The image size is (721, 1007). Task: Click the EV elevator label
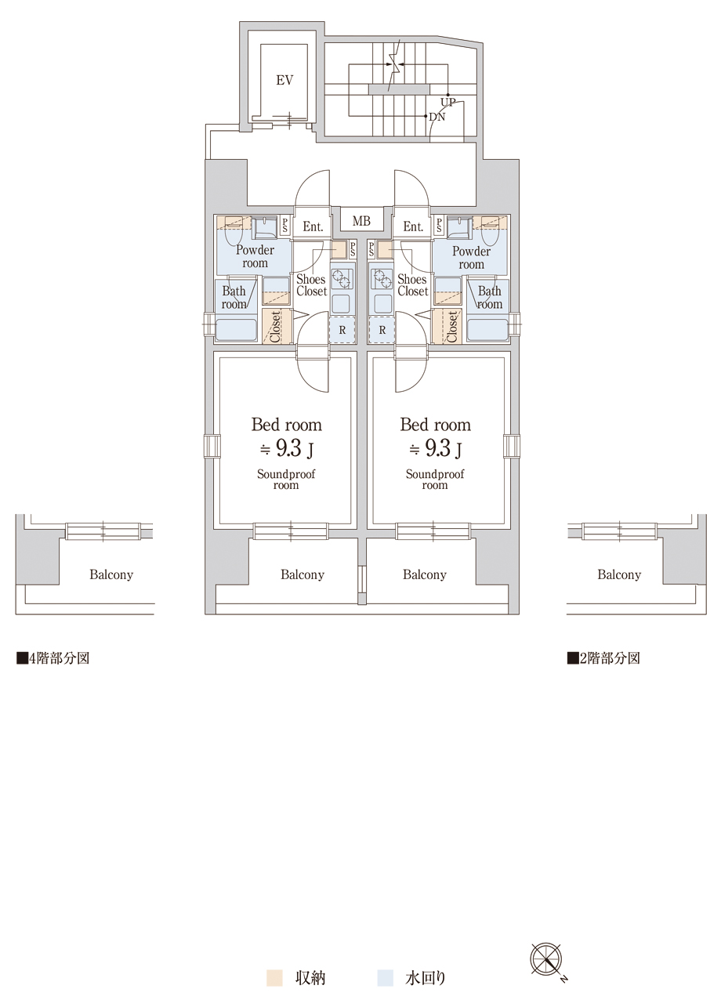pos(284,81)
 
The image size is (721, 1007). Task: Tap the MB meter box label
pos(361,221)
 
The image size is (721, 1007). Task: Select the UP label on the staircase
pos(447,102)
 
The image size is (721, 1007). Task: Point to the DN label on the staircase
pos(437,118)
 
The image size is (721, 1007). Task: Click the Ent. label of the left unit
pos(313,226)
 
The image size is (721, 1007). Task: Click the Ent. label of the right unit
pos(413,226)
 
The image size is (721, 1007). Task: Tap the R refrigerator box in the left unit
pos(342,331)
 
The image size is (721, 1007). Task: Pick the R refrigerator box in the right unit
pos(382,331)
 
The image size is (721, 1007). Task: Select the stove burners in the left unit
pos(341,279)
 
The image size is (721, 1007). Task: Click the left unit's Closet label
pos(275,326)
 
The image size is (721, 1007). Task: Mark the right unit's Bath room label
pos(490,298)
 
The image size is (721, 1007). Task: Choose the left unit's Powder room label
pos(255,256)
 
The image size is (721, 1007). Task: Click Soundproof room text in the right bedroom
pos(435,480)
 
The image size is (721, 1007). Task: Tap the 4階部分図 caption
pos(53,658)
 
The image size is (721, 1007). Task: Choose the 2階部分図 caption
pos(603,658)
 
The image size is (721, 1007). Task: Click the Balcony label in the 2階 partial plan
pos(619,574)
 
